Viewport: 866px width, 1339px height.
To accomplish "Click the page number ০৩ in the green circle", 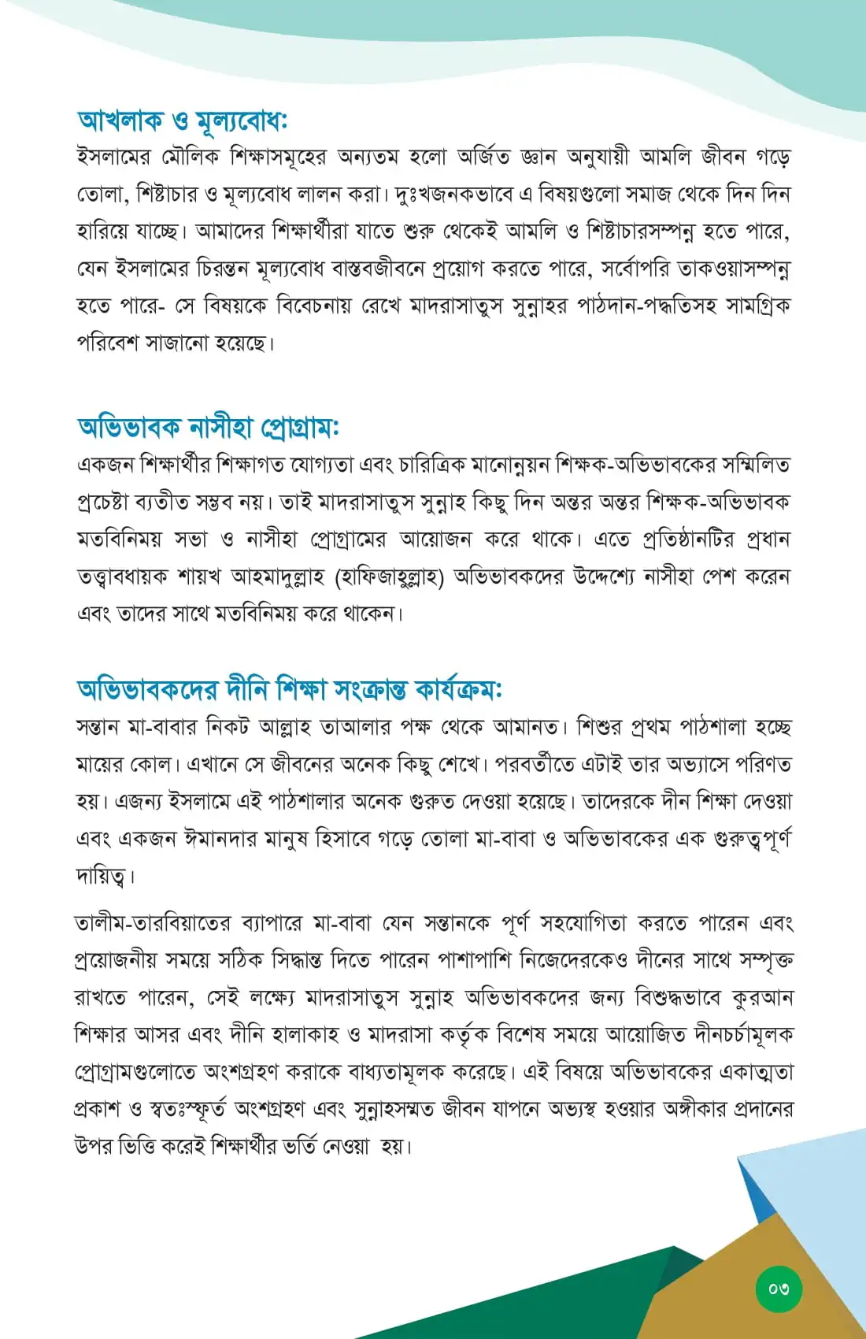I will click(779, 1289).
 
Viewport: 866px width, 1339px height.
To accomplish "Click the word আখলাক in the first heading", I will click(120, 121).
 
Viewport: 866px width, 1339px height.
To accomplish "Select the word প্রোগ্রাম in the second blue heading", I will click(298, 427).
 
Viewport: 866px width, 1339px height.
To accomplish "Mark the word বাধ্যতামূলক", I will click(388, 1072).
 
